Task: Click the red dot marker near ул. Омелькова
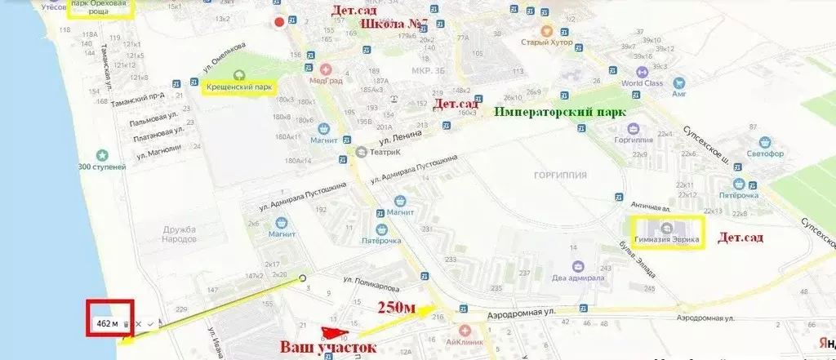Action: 280,22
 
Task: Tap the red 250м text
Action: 396,308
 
